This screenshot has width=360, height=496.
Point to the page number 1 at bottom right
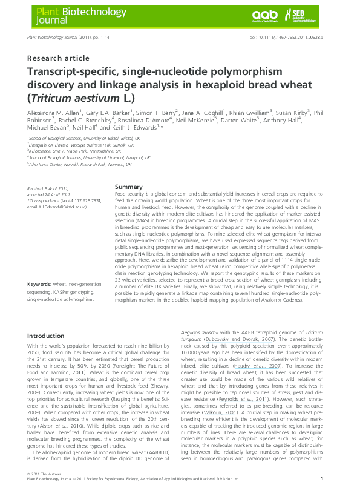coord(322,478)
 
